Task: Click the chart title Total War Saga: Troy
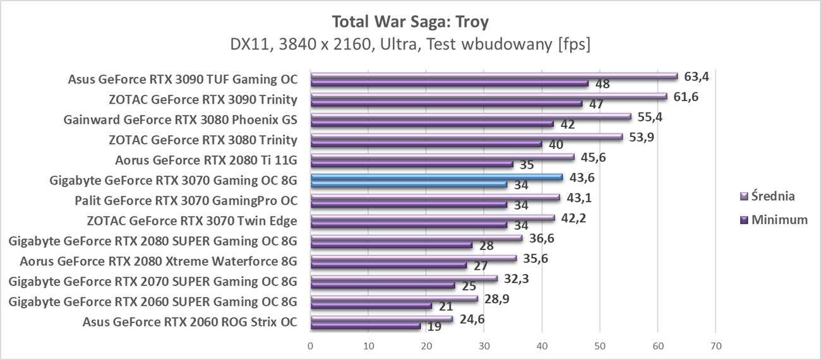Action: coord(410,22)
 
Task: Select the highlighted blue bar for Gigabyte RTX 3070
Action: coord(436,177)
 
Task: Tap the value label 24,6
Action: coord(472,320)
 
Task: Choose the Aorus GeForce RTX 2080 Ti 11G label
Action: coord(206,160)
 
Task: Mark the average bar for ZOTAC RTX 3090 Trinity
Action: coord(488,96)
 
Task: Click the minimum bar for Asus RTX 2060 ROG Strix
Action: coord(365,326)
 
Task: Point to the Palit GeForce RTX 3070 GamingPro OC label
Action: coord(186,200)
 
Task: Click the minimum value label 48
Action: coord(602,84)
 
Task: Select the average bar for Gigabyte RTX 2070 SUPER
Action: coord(404,279)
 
